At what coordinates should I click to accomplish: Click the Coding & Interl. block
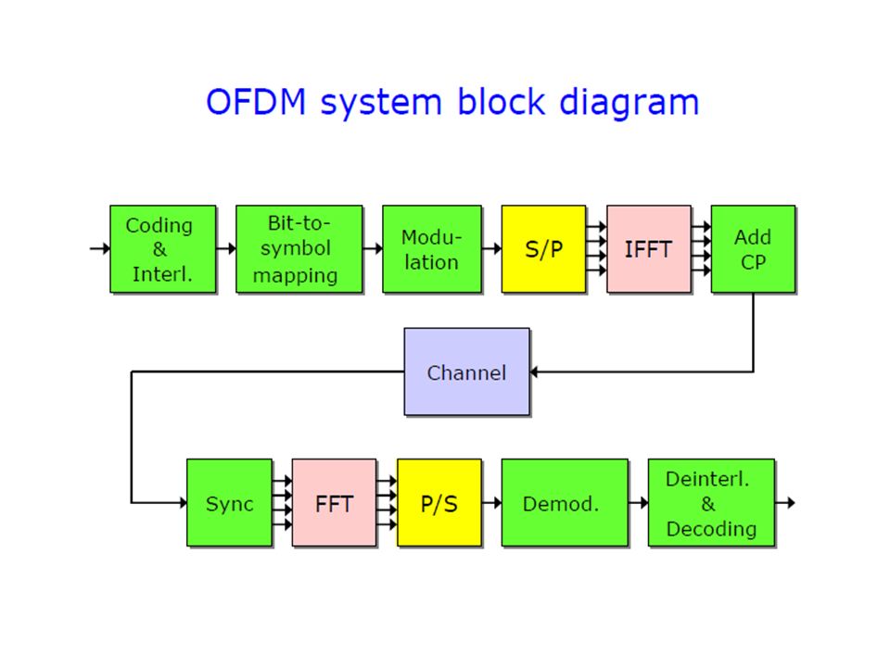163,249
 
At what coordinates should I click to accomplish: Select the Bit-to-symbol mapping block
299,249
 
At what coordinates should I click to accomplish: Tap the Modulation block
432,249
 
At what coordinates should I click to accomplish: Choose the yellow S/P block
544,249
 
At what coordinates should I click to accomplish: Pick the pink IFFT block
649,249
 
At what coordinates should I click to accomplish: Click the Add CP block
753,249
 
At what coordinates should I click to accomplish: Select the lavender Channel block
467,371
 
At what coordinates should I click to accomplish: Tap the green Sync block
229,502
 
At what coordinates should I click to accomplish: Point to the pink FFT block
335,502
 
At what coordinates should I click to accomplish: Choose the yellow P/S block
439,502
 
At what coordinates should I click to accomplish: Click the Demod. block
565,502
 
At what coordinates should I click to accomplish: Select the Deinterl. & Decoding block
712,502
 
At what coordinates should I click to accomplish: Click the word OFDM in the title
256,102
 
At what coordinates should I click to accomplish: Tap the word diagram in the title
629,103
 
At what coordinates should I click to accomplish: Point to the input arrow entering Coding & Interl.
100,248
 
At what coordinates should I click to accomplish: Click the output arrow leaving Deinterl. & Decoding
785,502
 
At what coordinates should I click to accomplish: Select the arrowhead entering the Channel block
534,372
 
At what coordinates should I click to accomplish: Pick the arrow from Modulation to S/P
491,248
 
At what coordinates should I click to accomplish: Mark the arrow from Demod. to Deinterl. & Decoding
638,502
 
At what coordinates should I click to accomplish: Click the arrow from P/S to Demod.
491,502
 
